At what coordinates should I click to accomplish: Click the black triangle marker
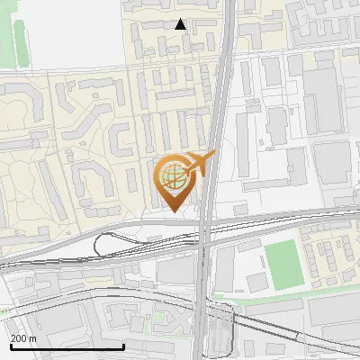(180, 24)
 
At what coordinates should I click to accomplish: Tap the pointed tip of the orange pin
(172, 211)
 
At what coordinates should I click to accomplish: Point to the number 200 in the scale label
(18, 338)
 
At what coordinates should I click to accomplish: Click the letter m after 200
(32, 338)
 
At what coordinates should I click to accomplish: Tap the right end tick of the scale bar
(123, 345)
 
